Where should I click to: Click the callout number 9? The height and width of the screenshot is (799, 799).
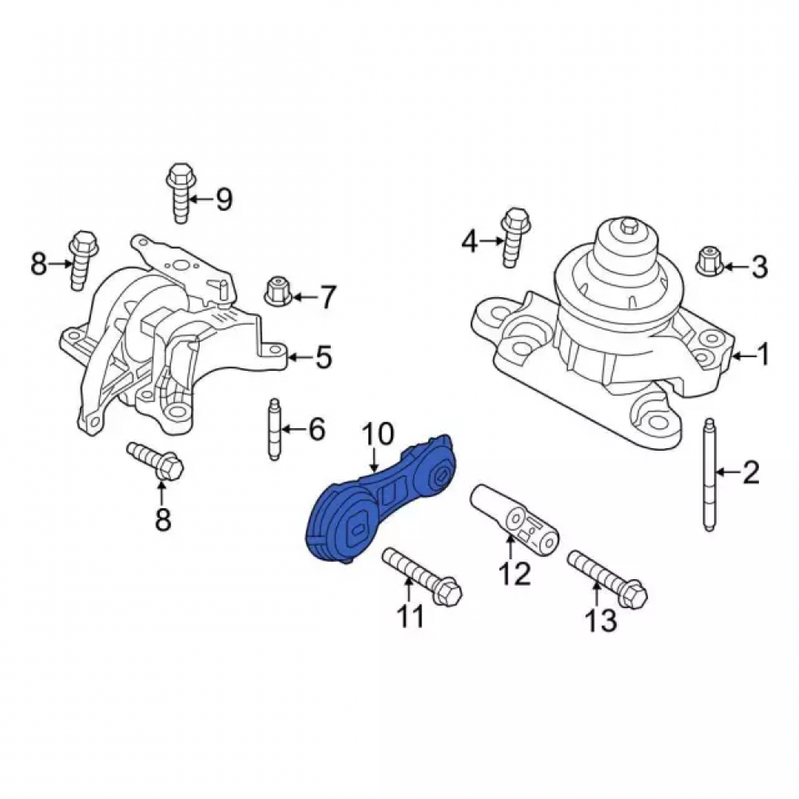click(x=225, y=199)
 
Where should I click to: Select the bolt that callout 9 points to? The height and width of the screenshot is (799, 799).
click(x=179, y=193)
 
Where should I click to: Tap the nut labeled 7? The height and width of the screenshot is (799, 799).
click(x=276, y=289)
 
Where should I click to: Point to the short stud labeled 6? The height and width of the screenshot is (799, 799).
click(x=273, y=429)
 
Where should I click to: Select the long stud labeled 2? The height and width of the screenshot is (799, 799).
click(x=710, y=475)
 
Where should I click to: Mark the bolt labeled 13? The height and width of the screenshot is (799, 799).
click(x=607, y=578)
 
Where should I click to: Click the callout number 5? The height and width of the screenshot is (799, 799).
click(x=324, y=357)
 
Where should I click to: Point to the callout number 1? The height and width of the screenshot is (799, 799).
click(x=763, y=354)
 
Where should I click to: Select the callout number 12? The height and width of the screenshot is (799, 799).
click(x=515, y=573)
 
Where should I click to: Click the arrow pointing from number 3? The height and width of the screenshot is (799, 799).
click(x=734, y=267)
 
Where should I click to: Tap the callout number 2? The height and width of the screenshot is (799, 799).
click(x=750, y=472)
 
